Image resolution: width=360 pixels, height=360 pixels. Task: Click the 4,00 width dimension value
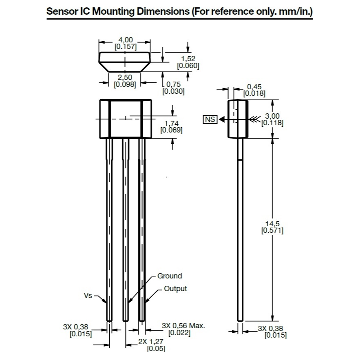[126, 40]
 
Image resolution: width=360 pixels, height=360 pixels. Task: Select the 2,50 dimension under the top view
[125, 77]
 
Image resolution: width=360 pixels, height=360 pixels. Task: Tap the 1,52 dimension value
[188, 59]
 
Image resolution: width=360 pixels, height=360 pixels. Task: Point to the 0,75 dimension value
[173, 84]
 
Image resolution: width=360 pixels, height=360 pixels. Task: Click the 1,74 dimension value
[171, 124]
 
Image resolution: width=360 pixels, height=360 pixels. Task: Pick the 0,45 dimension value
[254, 87]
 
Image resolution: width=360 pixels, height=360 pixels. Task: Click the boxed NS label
[210, 119]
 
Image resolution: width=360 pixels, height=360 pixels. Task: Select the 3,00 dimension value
[272, 116]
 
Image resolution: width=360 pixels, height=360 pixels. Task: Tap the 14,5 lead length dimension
[272, 223]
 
